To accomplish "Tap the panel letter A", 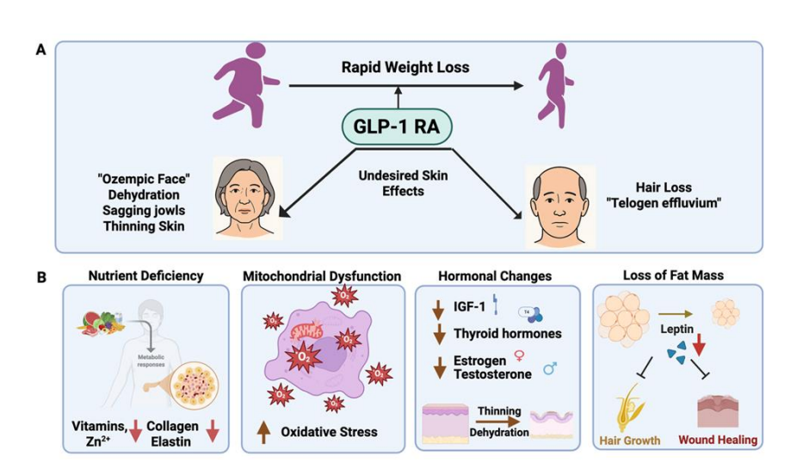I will coord(40,50).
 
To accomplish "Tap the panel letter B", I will coord(40,278).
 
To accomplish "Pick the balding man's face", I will coord(559,200).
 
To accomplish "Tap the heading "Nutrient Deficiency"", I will coord(146,276).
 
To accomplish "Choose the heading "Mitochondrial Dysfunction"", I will coord(322,276).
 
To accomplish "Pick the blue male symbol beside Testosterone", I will coord(549,371).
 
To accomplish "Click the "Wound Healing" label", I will coord(718,441).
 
